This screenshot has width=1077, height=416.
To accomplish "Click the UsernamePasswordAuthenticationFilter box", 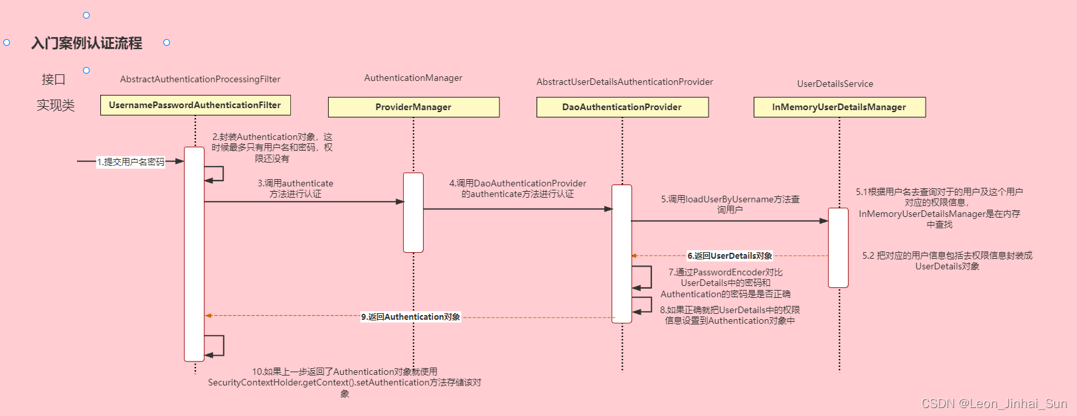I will (x=195, y=105).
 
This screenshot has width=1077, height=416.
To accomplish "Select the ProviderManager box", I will (x=413, y=107).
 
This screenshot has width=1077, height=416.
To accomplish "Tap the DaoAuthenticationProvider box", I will (x=622, y=107).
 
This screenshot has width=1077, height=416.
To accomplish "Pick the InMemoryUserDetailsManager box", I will (x=839, y=107).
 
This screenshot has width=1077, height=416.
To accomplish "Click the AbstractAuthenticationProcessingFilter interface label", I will (x=200, y=79).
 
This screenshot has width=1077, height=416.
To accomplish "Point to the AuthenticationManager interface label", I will (x=413, y=78).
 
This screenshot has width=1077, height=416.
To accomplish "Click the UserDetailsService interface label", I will (x=835, y=84).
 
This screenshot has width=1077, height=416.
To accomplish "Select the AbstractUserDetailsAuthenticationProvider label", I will (x=624, y=82).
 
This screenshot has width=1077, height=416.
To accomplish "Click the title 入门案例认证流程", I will (x=87, y=43).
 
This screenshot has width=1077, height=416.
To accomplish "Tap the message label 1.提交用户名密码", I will (x=131, y=162).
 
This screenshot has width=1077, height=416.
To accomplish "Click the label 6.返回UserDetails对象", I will (x=729, y=255).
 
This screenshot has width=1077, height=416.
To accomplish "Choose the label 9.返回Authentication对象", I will (x=410, y=316).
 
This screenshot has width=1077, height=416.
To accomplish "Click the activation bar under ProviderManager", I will (x=413, y=212).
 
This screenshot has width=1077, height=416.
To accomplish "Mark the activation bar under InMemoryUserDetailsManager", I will (x=838, y=247).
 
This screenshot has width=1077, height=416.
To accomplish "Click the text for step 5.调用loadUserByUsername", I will (x=730, y=204).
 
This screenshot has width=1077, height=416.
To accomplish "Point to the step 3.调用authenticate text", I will (x=295, y=188).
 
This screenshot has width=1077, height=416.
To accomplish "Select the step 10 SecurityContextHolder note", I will (x=344, y=382).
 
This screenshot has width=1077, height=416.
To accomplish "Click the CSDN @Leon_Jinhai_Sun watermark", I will (x=994, y=403).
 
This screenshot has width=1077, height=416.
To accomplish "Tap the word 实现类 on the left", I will (x=56, y=105).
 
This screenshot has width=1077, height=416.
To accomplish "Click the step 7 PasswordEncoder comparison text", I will (x=725, y=283).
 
